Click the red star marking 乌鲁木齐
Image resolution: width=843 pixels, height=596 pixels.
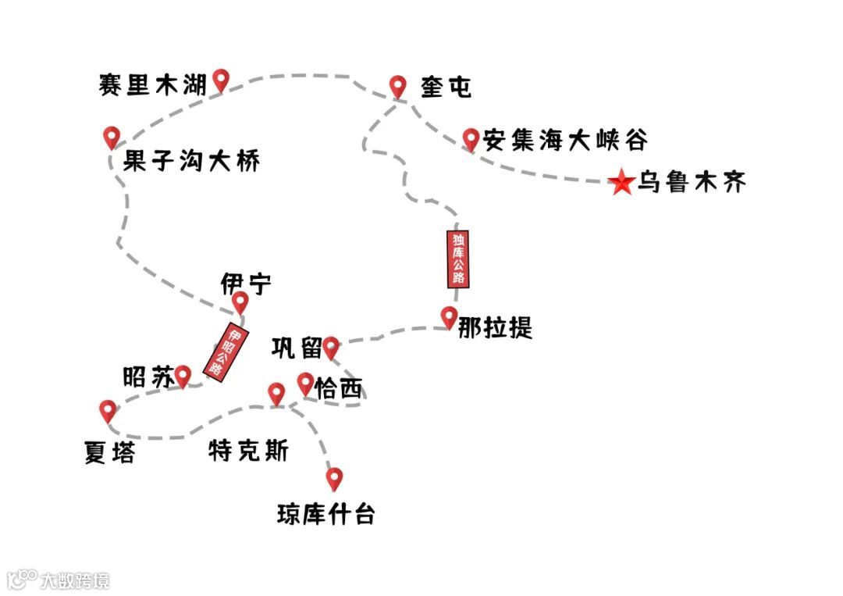point(621,183)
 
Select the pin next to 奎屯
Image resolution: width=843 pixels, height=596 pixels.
point(398,86)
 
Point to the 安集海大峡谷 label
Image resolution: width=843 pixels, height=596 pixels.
point(564,140)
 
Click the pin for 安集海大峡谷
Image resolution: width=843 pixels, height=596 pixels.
point(470,139)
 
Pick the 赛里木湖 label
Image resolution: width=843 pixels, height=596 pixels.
point(153,84)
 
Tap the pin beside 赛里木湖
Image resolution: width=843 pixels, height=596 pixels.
point(222,79)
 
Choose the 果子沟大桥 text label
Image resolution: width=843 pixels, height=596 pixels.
point(191,162)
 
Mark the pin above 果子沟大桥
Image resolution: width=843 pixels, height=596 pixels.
point(111,137)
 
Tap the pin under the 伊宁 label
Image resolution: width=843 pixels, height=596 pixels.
point(240,302)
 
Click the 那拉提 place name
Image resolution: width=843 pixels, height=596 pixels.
point(495,327)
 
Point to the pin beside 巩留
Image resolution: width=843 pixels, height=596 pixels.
point(331,346)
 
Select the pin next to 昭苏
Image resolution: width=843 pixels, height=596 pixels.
point(183,376)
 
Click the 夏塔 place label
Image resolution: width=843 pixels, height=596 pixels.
point(109,453)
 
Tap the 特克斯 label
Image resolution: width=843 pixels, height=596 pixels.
point(248,451)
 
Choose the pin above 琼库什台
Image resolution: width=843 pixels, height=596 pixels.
point(334,478)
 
